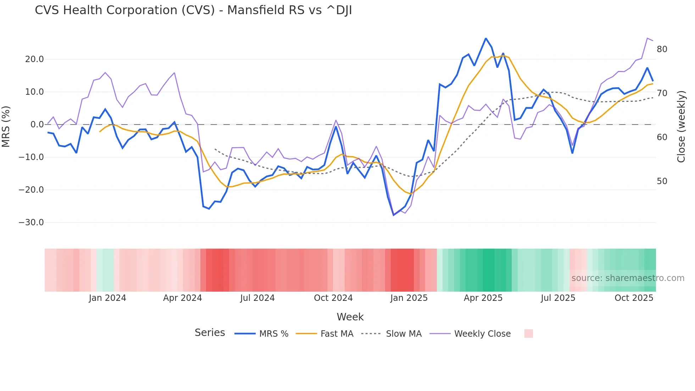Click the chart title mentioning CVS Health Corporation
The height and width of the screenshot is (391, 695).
(193, 10)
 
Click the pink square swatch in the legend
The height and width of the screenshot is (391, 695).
(528, 334)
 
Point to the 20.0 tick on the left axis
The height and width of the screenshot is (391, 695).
(34, 59)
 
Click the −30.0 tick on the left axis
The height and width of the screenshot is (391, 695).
(31, 222)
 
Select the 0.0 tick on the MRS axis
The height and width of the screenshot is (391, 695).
(37, 125)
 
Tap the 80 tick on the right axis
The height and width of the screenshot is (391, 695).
(662, 49)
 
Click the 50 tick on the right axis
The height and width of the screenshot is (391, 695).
(662, 181)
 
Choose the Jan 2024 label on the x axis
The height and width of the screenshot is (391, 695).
(107, 298)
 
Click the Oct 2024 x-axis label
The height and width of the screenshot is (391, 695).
(333, 298)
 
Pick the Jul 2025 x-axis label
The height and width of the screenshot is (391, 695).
(558, 298)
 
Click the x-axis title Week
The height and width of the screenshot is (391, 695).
(350, 317)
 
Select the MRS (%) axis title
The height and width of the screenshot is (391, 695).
(6, 126)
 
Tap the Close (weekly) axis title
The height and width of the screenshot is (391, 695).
(681, 127)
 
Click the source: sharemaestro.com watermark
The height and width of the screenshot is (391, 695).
(628, 278)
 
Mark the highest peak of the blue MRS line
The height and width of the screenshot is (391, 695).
(486, 38)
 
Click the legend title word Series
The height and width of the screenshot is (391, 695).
(210, 333)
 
